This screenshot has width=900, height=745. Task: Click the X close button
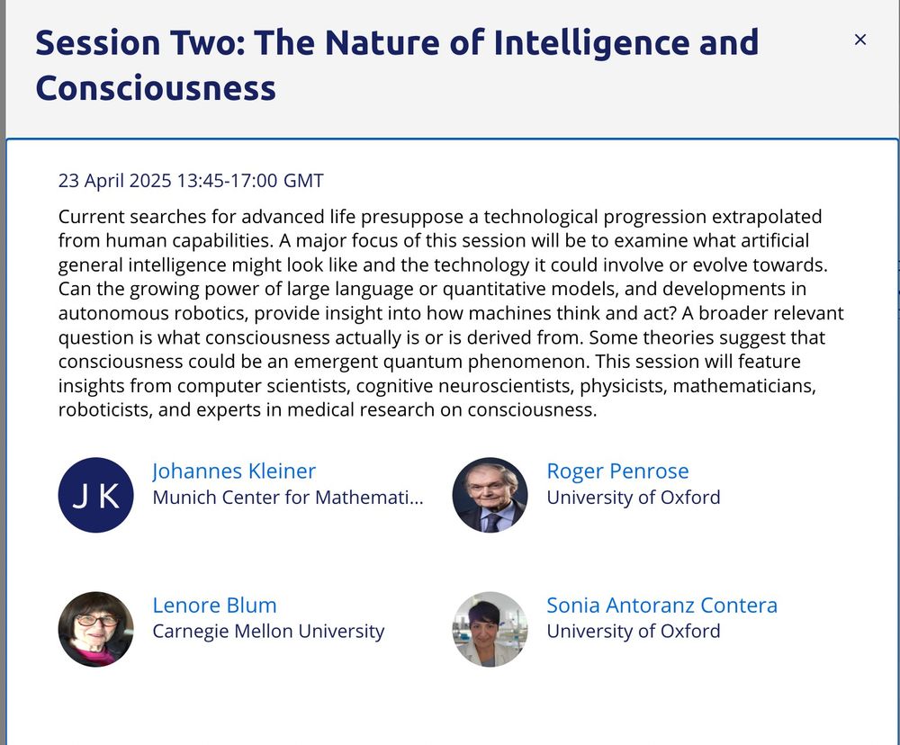pos(859,40)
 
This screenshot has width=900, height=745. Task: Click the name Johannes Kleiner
pos(234,471)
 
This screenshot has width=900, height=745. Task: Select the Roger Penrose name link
pos(617,471)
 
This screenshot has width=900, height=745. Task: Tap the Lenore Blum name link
pos(214,606)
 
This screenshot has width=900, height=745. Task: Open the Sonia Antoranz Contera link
pos(661,606)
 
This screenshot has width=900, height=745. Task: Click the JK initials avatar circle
pos(96,496)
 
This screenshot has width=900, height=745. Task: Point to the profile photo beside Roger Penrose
pos(490,496)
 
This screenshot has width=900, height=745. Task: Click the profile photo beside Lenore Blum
pos(96,629)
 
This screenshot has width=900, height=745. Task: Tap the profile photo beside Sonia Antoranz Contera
pos(490,629)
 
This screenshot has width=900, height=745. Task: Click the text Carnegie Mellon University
pos(268,632)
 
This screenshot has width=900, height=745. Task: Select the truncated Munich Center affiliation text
pos(287,498)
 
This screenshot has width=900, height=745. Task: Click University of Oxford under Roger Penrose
pos(634,498)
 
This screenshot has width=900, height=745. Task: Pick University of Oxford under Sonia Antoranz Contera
pos(634,632)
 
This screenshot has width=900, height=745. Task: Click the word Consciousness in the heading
pos(156,88)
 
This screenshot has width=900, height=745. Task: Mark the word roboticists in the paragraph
pos(100,411)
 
